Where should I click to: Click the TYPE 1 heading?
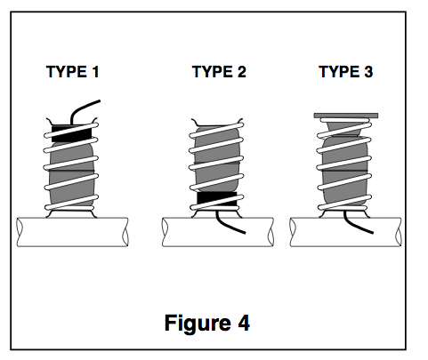pos(73,72)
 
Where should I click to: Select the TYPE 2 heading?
pos(219,72)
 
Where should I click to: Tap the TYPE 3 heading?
pos(346,72)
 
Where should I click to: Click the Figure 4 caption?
pos(207,323)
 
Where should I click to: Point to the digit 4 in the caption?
pos(244,323)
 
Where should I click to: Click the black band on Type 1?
pos(71,133)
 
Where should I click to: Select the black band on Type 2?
pos(217,199)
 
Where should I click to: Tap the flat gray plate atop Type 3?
pos(346,116)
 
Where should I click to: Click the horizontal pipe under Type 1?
pos(72,232)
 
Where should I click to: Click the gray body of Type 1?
pos(72,175)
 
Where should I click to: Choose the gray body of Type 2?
pos(217,160)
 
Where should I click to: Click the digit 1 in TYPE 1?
pos(95,72)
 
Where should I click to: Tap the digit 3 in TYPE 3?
pos(368,72)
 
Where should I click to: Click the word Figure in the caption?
pos(198,324)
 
